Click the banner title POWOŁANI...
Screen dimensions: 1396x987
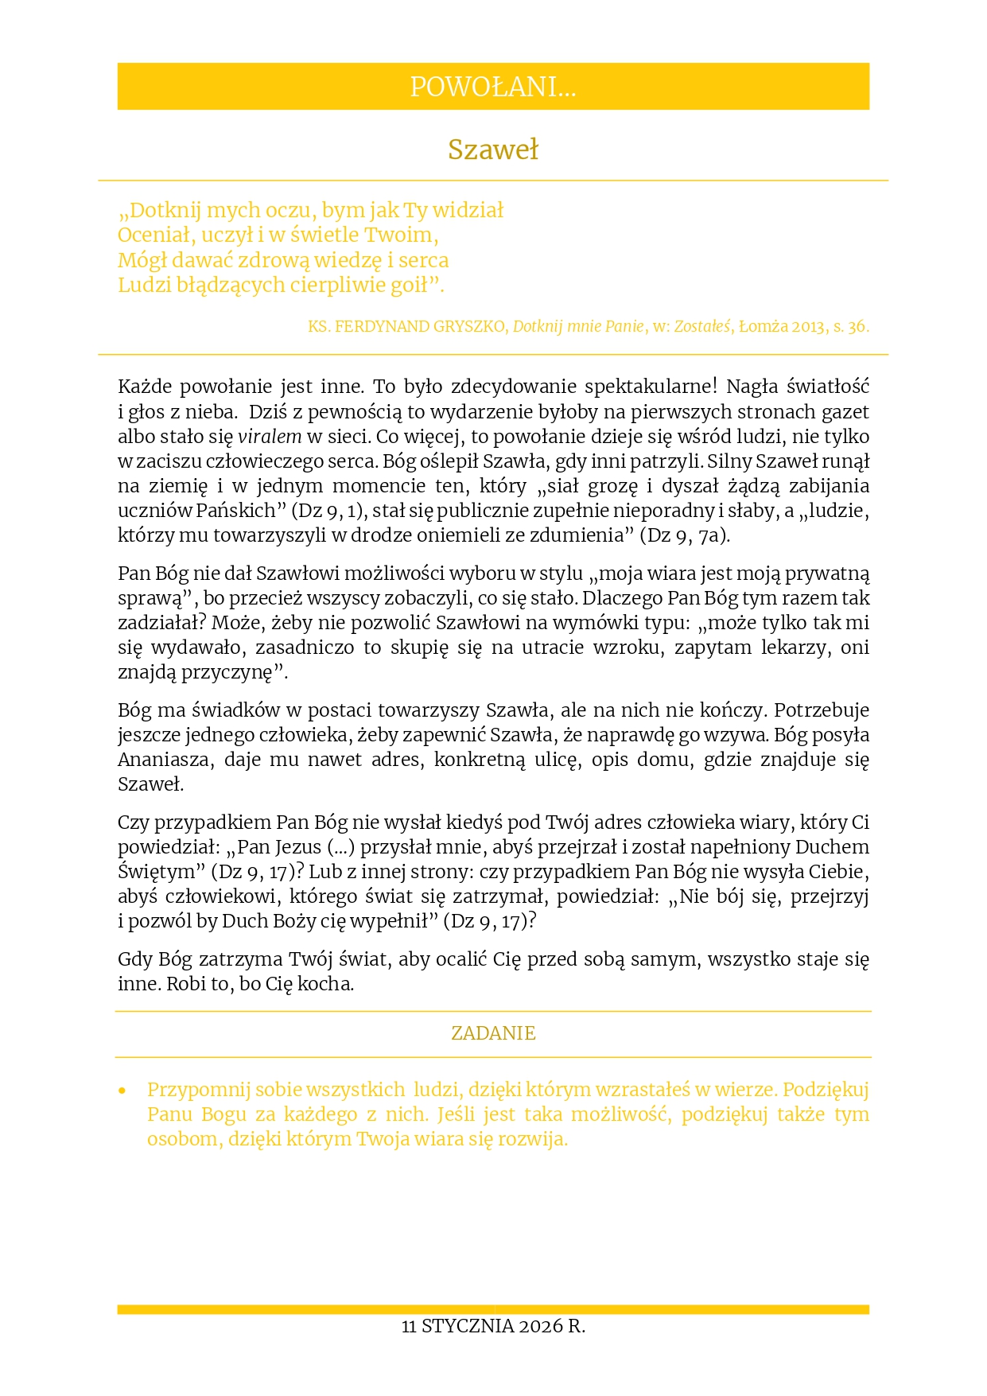click(x=492, y=87)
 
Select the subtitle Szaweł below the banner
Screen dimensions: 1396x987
click(x=493, y=150)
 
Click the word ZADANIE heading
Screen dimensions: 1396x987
click(x=493, y=1033)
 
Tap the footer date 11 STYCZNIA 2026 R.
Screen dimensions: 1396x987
click(x=493, y=1326)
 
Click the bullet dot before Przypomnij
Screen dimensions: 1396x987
click(x=122, y=1091)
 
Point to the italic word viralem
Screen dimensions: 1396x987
click(x=270, y=437)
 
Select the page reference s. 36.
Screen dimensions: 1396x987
click(x=851, y=326)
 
